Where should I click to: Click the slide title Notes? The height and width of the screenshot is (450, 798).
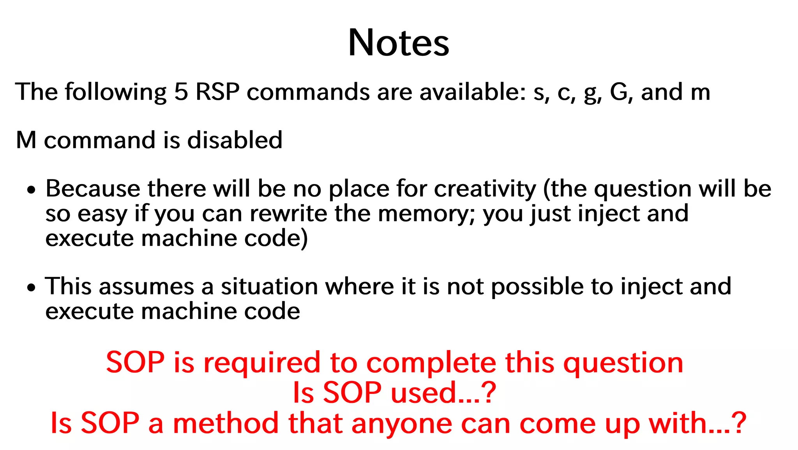[x=398, y=43]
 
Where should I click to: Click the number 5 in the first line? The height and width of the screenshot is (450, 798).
[x=181, y=92]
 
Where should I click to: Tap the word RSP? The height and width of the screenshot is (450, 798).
[x=217, y=92]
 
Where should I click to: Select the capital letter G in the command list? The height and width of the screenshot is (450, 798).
[x=619, y=92]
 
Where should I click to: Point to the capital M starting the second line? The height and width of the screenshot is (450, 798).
[x=26, y=140]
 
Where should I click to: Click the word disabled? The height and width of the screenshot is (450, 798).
[x=235, y=140]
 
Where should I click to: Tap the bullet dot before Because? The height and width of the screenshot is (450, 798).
[x=32, y=190]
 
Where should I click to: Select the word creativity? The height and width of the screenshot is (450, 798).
[x=485, y=189]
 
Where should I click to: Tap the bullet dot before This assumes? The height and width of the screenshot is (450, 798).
[x=32, y=288]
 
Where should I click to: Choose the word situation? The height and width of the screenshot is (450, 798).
[x=269, y=287]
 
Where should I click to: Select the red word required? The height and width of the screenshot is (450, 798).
[x=262, y=363]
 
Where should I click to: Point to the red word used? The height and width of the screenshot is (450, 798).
[x=424, y=393]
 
